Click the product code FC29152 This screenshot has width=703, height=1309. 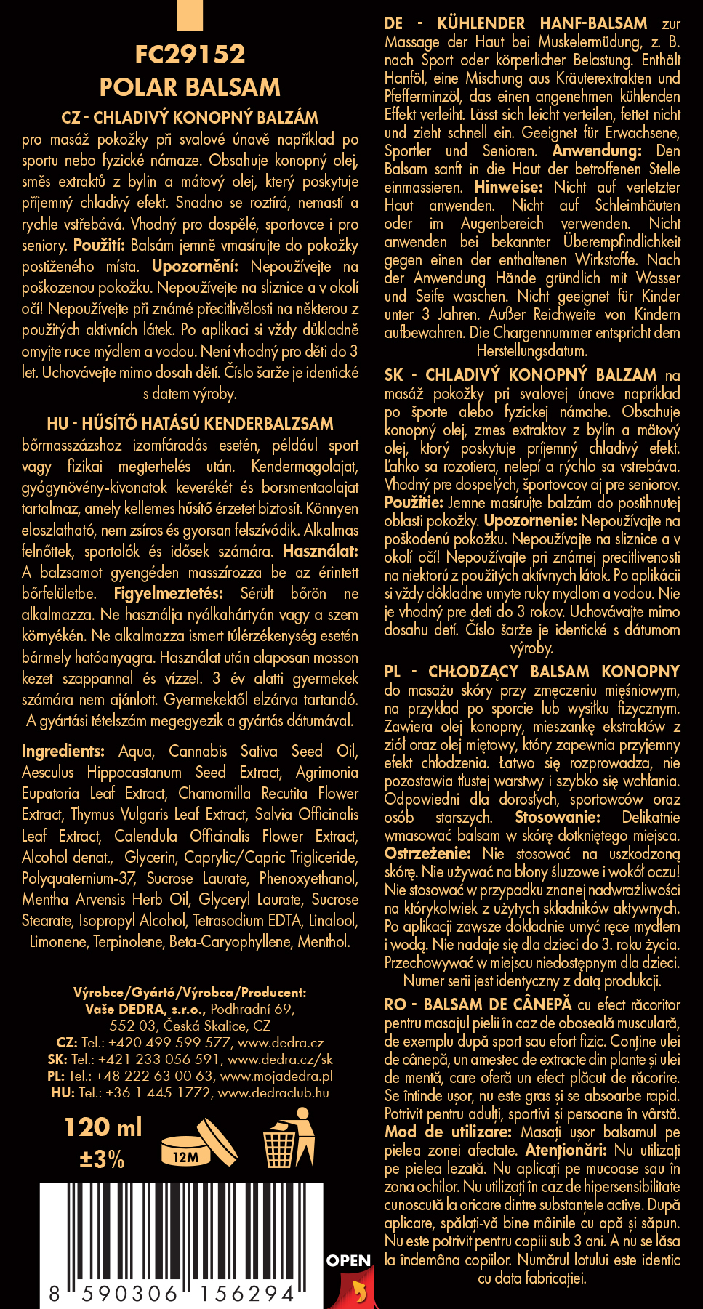[x=190, y=55]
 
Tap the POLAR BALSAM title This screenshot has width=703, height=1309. [x=190, y=88]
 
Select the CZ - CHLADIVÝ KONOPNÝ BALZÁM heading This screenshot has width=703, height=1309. [x=190, y=118]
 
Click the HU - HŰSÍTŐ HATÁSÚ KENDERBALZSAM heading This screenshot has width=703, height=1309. [x=190, y=424]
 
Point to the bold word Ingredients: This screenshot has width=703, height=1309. [x=63, y=751]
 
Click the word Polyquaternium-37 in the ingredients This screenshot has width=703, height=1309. [x=79, y=878]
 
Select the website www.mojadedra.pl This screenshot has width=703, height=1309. [x=276, y=1076]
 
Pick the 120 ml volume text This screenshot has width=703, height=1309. [x=103, y=1127]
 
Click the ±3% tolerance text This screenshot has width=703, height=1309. [x=102, y=1159]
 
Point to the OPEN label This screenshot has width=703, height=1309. [x=348, y=1261]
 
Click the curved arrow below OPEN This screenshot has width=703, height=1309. [x=358, y=1291]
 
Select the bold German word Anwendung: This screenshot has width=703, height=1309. [x=597, y=151]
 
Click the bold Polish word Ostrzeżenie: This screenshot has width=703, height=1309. [x=427, y=853]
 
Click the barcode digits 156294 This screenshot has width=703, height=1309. [x=247, y=1294]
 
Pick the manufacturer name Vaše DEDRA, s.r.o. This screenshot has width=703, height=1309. [x=145, y=1009]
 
